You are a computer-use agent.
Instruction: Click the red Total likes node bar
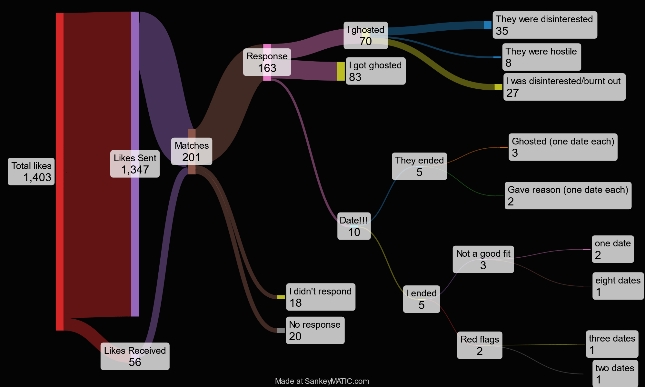point(60,97)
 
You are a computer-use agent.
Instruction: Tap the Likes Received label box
point(135,356)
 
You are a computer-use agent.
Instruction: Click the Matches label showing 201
point(192,152)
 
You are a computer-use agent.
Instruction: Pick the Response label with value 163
point(267,62)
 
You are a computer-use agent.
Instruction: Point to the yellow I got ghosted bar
point(341,71)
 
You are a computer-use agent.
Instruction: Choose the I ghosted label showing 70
point(365,35)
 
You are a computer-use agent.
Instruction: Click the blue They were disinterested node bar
point(488,25)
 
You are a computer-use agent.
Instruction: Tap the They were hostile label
point(541,57)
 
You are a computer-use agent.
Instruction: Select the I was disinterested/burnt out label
point(564,87)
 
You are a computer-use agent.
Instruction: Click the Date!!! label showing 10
point(354,226)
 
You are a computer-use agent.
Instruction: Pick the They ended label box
point(419,166)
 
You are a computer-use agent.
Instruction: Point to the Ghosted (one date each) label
point(563,147)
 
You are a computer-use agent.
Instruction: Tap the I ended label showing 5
point(421,299)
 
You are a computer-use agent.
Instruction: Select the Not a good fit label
point(483,259)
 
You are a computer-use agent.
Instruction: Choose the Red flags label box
point(480,345)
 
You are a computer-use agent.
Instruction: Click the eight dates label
point(618,286)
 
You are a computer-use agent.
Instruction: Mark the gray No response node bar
point(281,331)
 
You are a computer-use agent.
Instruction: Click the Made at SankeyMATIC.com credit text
point(322,381)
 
